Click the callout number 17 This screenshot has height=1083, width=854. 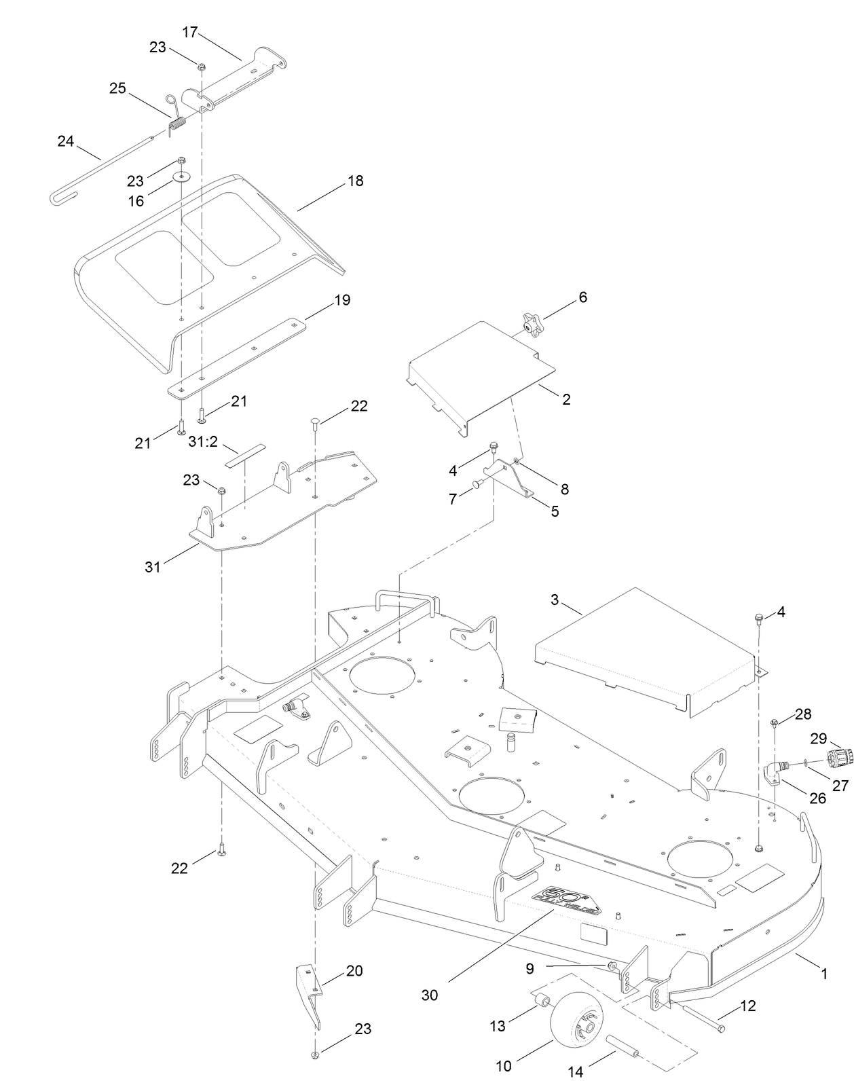pyautogui.click(x=190, y=31)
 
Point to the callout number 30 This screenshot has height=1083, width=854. pyautogui.click(x=430, y=995)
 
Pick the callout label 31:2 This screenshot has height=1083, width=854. pyautogui.click(x=202, y=441)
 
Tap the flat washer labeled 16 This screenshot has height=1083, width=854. pyautogui.click(x=182, y=178)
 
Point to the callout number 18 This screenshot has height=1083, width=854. pyautogui.click(x=355, y=181)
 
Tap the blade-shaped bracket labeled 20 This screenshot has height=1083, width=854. pyautogui.click(x=309, y=991)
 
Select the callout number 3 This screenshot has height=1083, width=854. pyautogui.click(x=555, y=600)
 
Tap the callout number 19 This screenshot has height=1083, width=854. pyautogui.click(x=343, y=299)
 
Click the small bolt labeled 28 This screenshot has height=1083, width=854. pyautogui.click(x=775, y=724)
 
